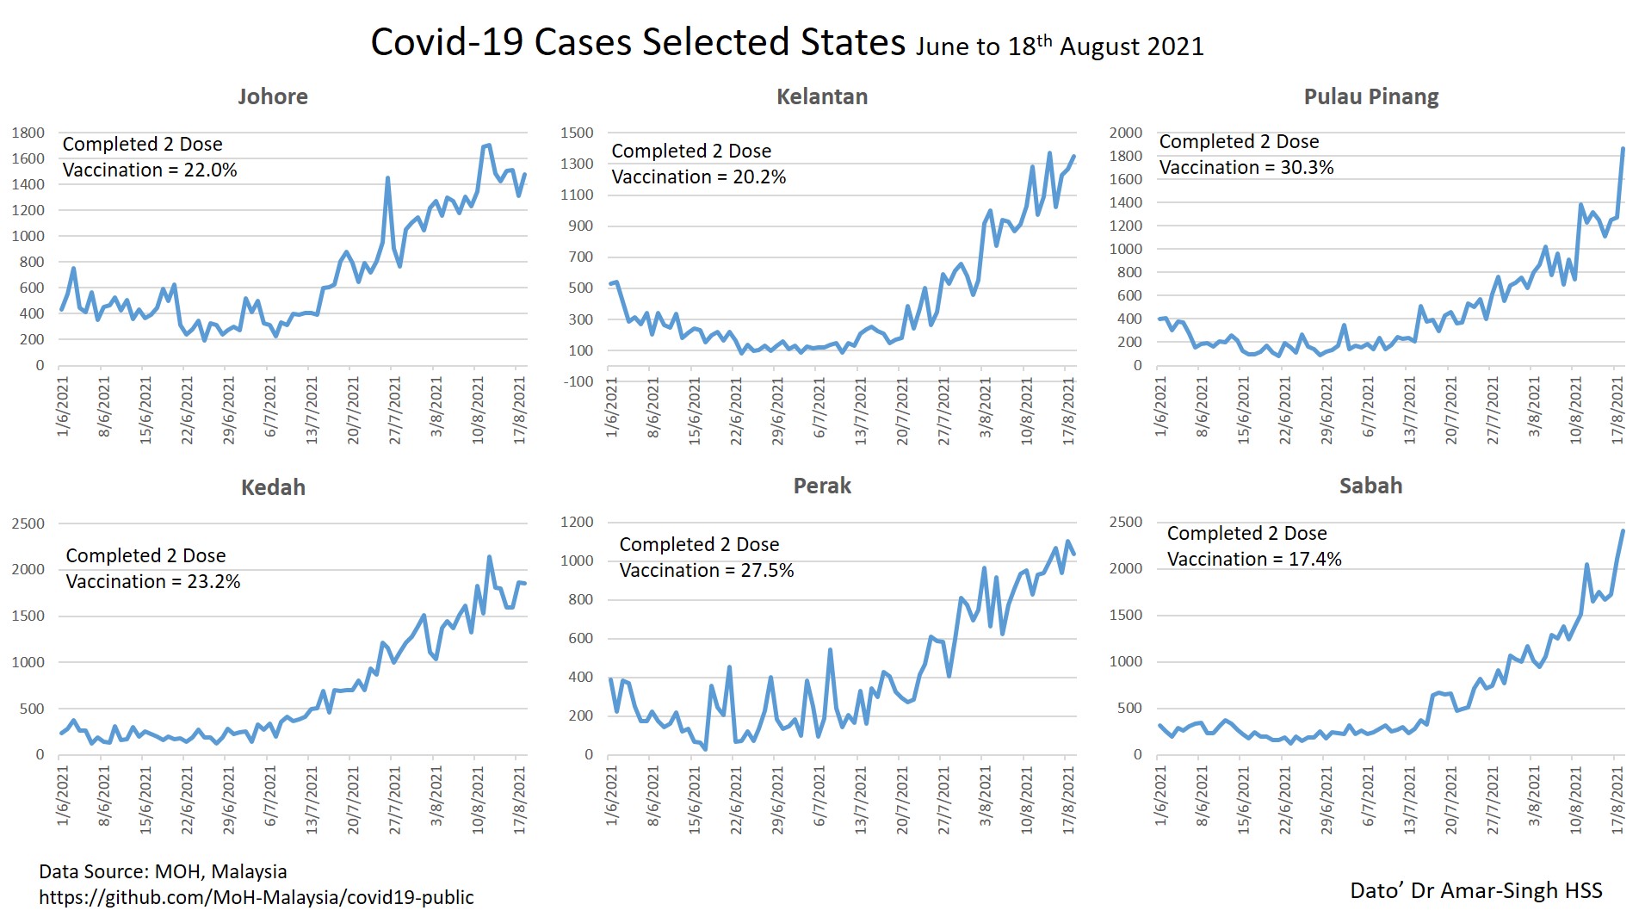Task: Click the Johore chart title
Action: point(273,96)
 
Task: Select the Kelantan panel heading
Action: point(822,96)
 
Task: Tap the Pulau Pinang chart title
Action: point(1371,96)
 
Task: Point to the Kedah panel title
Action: point(273,487)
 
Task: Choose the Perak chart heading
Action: point(822,486)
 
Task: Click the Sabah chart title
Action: point(1370,486)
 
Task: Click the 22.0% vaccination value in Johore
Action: point(210,170)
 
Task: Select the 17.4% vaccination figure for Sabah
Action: point(1314,559)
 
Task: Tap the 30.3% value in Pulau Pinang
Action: point(1307,167)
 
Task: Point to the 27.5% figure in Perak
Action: point(767,570)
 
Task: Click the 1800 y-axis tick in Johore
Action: point(28,133)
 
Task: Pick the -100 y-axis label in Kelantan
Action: point(577,381)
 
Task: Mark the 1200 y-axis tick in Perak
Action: point(577,522)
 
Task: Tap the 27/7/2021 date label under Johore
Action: point(394,411)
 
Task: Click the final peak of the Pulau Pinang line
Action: point(1623,149)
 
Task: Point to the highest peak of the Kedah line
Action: point(489,557)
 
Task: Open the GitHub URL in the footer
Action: point(257,897)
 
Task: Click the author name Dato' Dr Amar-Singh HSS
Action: point(1475,890)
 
